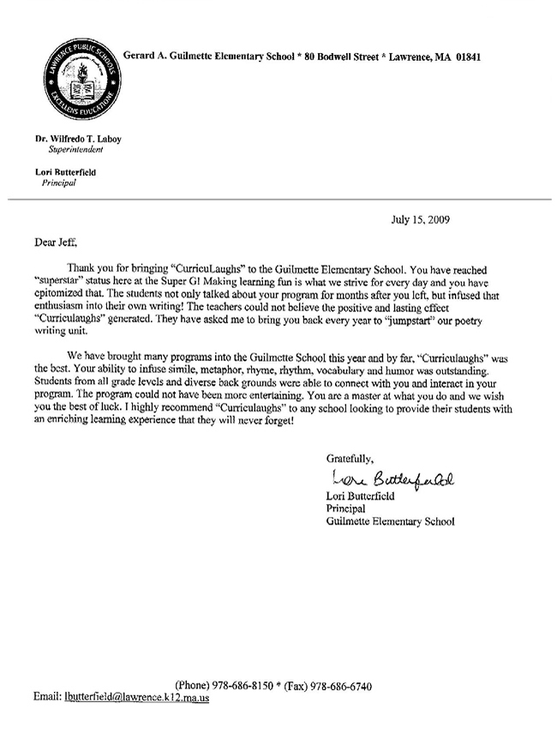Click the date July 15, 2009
point(420,219)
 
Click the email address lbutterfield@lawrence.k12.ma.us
point(136,698)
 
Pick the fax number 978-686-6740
point(342,686)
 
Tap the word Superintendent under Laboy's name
point(75,148)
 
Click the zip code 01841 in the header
point(466,57)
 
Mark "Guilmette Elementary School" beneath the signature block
point(390,520)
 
